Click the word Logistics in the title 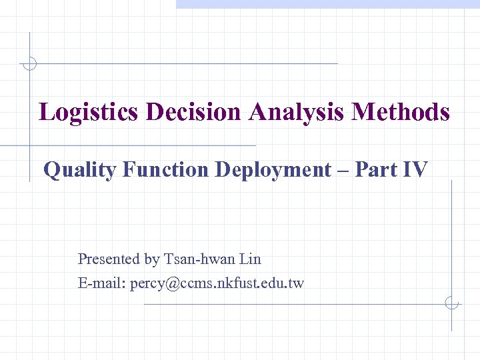[x=89, y=112]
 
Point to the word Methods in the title [x=401, y=111]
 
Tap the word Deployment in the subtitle [x=273, y=171]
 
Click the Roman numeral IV [x=415, y=170]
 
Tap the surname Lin [x=250, y=259]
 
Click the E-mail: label [x=102, y=283]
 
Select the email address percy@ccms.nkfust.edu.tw [x=217, y=283]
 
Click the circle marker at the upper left [x=29, y=64]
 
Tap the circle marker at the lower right [x=451, y=304]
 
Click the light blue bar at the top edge [x=327, y=4]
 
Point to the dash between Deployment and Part [x=343, y=171]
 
